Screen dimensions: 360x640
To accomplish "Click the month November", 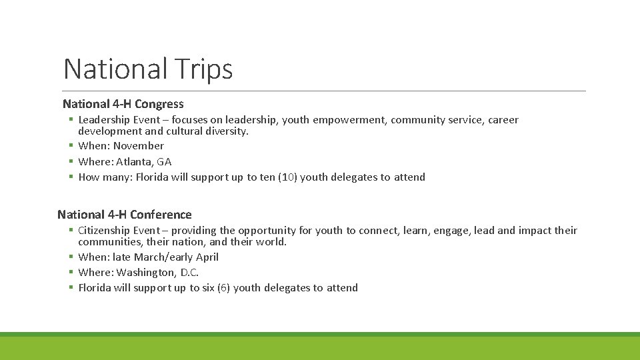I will point(138,146).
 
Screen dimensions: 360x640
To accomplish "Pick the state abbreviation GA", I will point(164,161).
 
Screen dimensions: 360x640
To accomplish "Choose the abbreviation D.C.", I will point(189,273).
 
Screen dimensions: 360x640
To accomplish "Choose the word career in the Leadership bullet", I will point(503,120).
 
